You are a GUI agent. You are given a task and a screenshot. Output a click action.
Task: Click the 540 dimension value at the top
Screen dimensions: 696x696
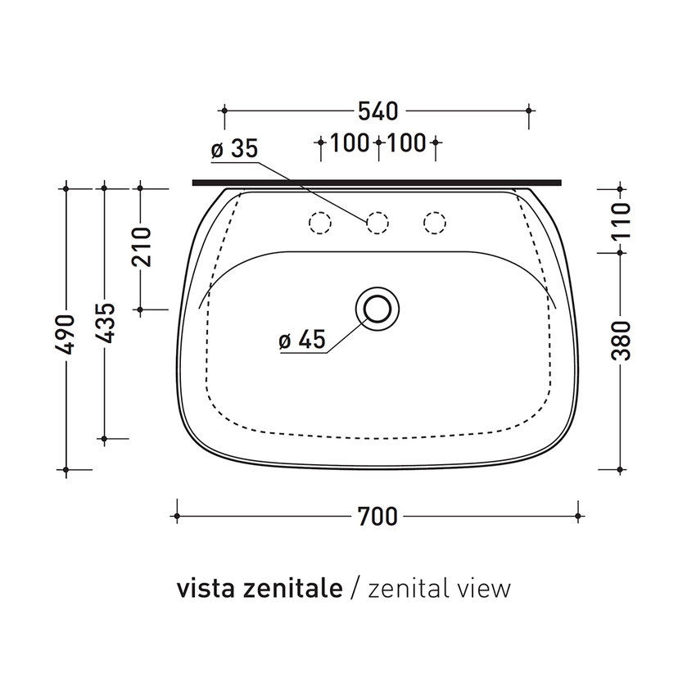[377, 109]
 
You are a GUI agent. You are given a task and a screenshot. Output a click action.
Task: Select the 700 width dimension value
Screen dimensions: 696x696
[377, 516]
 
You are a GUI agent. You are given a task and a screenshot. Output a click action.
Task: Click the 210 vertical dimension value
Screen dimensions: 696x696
[141, 247]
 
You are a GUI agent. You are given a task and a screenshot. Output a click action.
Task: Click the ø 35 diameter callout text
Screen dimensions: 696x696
[233, 149]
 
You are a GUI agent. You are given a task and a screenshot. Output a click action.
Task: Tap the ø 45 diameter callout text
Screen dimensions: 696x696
[301, 340]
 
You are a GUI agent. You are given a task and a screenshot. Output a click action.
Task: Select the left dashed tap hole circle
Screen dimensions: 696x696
[319, 221]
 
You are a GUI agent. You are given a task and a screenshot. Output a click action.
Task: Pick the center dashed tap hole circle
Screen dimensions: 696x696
[377, 221]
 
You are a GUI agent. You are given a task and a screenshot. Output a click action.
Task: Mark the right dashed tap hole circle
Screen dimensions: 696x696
[435, 221]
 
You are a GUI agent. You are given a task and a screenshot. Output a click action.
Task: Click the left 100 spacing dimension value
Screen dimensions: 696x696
[350, 143]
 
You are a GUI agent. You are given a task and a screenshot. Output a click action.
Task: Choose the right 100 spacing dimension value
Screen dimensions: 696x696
[407, 143]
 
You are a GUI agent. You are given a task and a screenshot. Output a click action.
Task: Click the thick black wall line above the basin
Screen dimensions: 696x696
[377, 182]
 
